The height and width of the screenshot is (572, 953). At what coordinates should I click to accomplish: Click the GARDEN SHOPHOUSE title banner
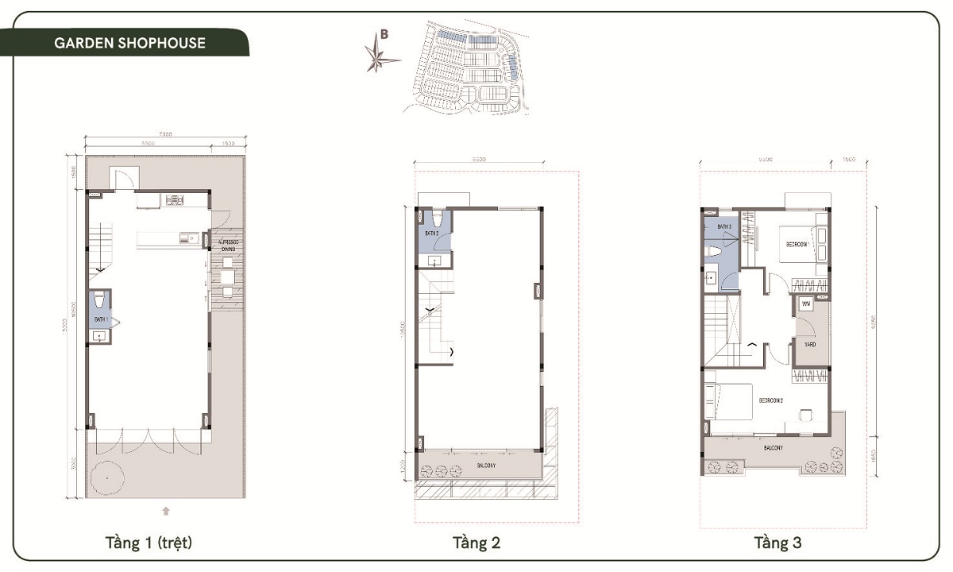[x=129, y=43]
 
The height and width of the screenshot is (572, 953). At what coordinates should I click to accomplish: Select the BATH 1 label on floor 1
[x=100, y=319]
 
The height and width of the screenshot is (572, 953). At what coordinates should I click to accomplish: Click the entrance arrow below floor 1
[x=165, y=510]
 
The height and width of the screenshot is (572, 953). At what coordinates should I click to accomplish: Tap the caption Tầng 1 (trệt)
[x=149, y=543]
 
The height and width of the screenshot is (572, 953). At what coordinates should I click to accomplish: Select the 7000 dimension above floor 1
[x=165, y=134]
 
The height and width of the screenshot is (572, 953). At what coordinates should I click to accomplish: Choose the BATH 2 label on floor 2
[x=431, y=233]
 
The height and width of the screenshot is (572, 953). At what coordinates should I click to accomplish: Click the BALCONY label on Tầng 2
[x=486, y=466]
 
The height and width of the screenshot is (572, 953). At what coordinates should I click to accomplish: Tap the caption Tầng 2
[x=476, y=543]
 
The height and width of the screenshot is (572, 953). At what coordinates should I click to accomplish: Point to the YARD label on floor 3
[x=809, y=345]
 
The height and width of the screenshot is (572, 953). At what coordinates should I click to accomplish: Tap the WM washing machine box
[x=805, y=304]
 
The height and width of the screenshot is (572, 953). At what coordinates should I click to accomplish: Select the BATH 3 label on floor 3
[x=723, y=227]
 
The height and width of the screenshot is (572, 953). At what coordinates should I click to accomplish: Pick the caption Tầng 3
[x=777, y=543]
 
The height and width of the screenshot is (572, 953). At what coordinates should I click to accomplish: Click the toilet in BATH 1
[x=99, y=302]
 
